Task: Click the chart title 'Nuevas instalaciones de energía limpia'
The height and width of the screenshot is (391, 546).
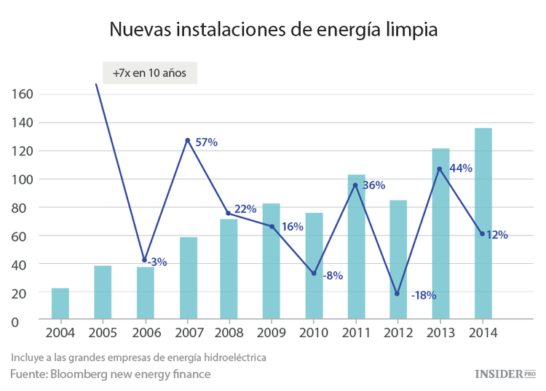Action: [273, 29]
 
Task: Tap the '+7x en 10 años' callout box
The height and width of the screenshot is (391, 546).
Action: [150, 73]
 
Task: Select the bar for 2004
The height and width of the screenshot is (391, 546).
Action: [60, 303]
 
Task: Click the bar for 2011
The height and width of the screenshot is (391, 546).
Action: [356, 246]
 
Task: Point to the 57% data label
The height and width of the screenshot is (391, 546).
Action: [207, 142]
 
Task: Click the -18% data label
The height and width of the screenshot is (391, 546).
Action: [423, 295]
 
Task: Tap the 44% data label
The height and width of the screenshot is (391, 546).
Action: [460, 168]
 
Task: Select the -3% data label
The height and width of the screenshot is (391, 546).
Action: [157, 262]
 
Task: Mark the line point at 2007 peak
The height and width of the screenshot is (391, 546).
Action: [187, 140]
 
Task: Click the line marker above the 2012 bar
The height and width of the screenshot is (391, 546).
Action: [397, 294]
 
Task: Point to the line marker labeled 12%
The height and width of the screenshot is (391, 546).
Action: [482, 233]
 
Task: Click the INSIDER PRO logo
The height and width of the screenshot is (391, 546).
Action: [505, 374]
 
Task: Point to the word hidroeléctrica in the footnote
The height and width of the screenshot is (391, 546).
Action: [229, 358]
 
